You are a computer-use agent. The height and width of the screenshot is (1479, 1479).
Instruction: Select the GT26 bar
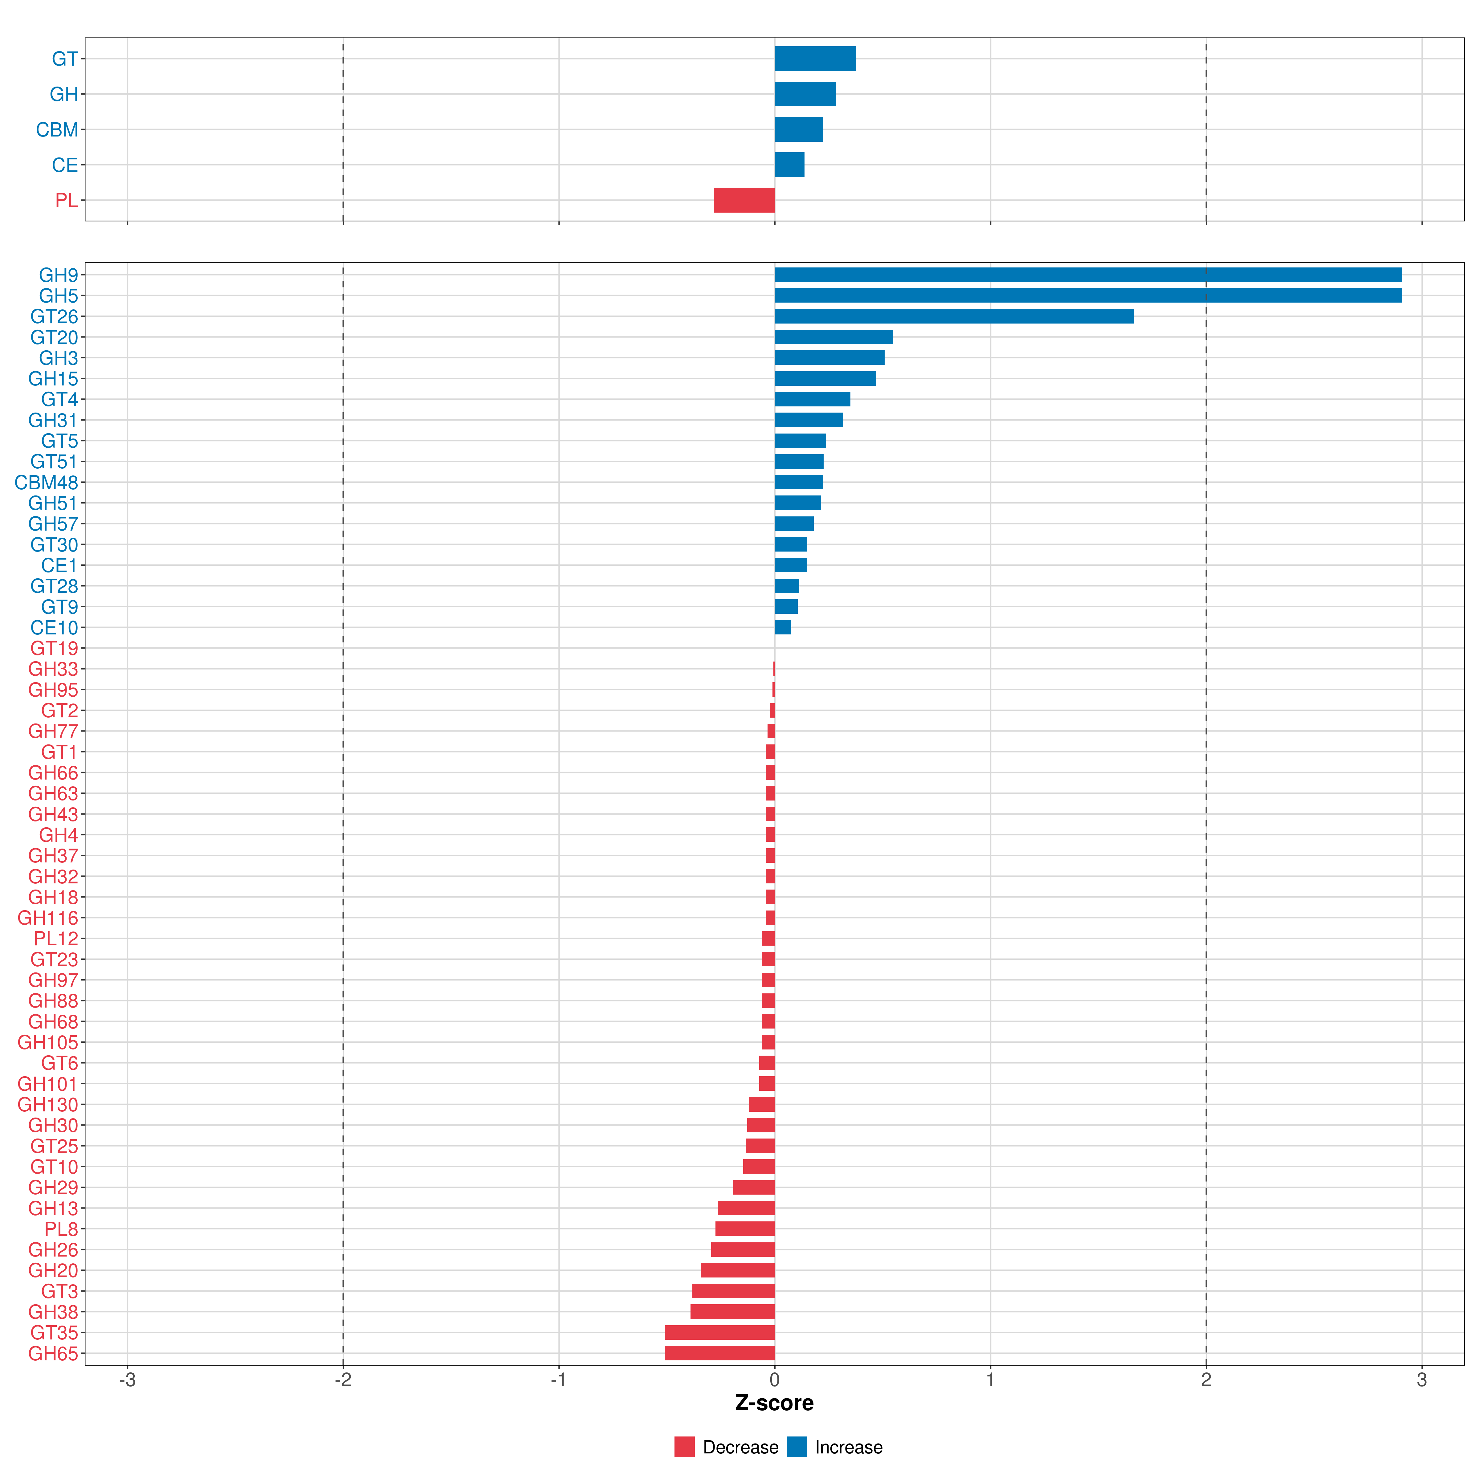click(x=954, y=316)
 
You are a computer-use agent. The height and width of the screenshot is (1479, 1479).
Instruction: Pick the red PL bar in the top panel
click(x=744, y=200)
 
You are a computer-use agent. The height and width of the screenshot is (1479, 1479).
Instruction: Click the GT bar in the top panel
click(x=815, y=58)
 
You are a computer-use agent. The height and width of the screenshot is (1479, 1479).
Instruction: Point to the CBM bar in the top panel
click(x=798, y=129)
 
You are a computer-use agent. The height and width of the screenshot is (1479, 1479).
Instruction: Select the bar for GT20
click(x=834, y=337)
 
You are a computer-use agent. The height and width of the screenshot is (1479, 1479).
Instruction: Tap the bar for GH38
click(x=733, y=1311)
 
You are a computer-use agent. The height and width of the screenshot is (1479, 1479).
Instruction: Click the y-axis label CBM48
click(x=46, y=482)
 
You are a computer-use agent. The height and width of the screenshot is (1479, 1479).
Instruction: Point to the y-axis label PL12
click(x=56, y=939)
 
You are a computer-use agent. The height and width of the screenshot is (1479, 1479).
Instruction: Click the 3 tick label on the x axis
click(x=1422, y=1379)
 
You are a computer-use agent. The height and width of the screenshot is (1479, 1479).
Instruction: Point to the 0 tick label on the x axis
click(x=775, y=1379)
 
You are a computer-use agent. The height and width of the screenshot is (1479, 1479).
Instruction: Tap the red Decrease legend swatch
click(x=684, y=1447)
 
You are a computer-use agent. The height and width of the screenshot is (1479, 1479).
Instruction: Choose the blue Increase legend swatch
click(x=797, y=1447)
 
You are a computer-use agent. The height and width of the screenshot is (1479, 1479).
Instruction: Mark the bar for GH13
click(x=746, y=1208)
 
